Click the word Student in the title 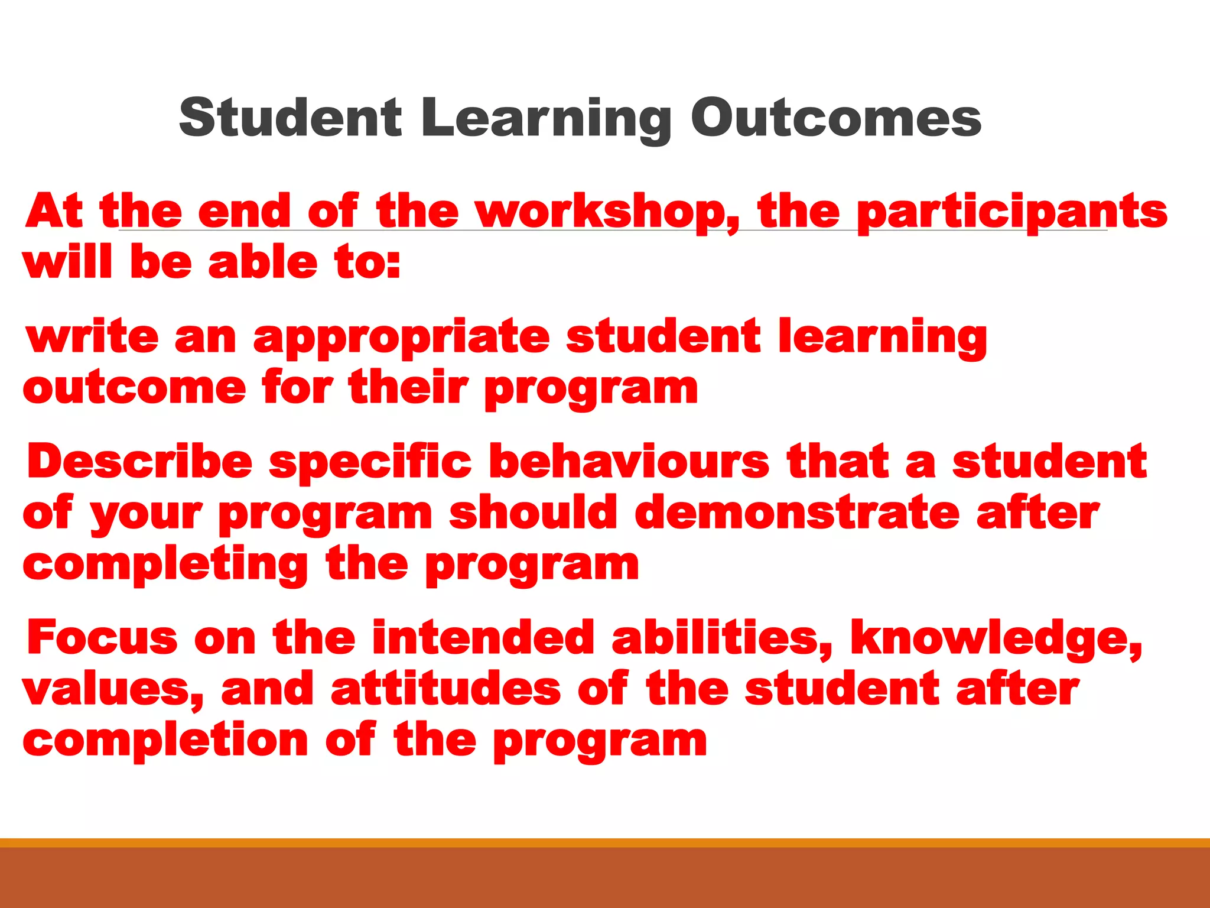click(x=290, y=118)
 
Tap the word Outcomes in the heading click(x=836, y=118)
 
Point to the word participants click(x=1011, y=212)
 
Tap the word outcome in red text click(x=134, y=389)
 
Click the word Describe click(x=140, y=462)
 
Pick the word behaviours click(x=629, y=462)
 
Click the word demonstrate click(x=798, y=513)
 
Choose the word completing click(x=165, y=565)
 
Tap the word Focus click(x=102, y=638)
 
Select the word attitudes click(x=446, y=689)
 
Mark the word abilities click(x=722, y=638)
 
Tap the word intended click(x=483, y=638)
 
